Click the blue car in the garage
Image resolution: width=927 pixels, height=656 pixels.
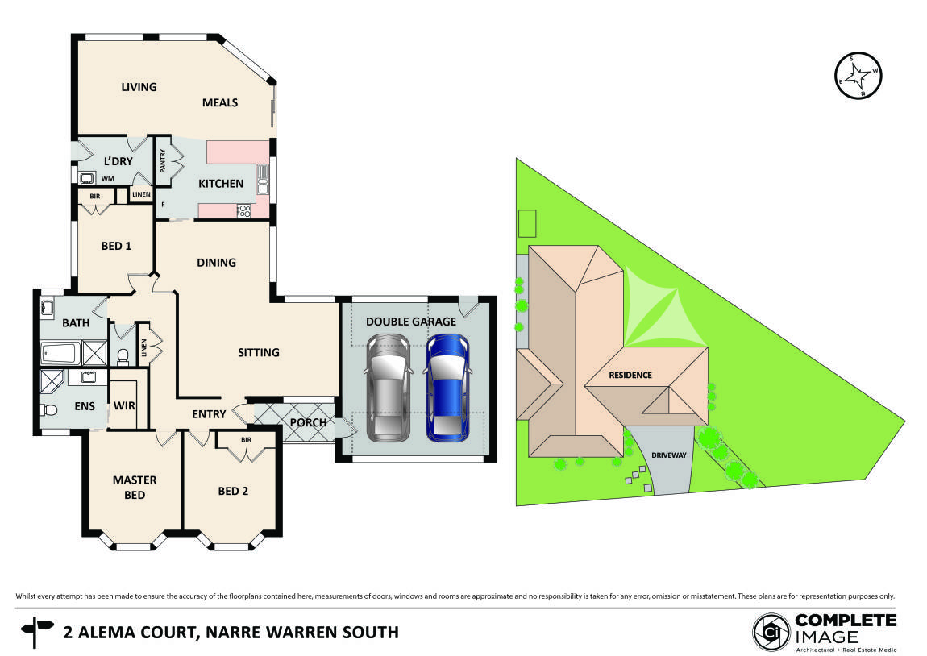coord(447,387)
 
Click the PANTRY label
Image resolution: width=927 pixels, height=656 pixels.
coord(162,161)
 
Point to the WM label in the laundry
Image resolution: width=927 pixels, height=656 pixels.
coord(107,178)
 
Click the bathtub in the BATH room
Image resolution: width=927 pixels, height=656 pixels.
coord(60,353)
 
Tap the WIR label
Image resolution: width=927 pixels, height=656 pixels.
coord(123,405)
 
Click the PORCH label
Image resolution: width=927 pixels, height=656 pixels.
coord(308,422)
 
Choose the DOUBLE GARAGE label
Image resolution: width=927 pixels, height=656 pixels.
coord(411,322)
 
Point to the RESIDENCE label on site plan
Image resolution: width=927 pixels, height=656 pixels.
coord(630,376)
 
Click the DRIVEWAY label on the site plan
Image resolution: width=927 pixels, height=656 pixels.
coord(669,455)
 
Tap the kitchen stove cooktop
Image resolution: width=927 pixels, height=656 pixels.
coord(243,211)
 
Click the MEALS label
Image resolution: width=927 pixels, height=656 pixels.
coord(220,102)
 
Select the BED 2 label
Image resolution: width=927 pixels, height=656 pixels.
coord(233,491)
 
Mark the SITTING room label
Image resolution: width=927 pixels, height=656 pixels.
coord(258,352)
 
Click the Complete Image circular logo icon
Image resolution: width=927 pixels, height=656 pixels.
coord(770,631)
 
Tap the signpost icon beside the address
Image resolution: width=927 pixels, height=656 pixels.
coord(36,631)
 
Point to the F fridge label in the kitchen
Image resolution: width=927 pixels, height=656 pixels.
coord(164,206)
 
